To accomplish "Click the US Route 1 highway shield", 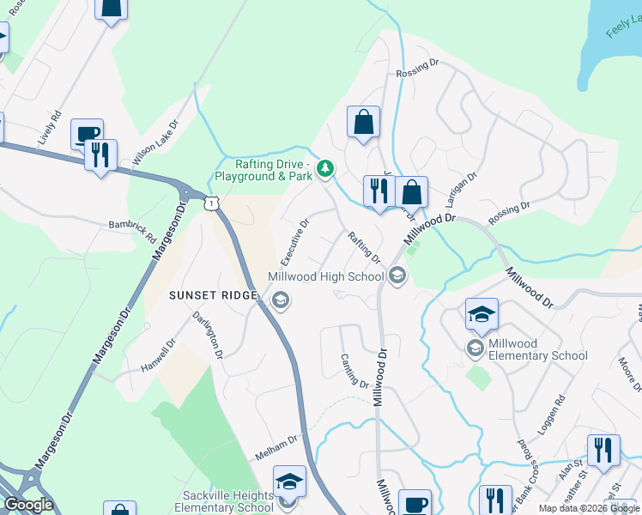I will click(211, 201).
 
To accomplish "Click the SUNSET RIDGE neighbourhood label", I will click(213, 295).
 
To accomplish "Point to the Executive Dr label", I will click(295, 240).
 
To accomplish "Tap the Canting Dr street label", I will click(354, 371).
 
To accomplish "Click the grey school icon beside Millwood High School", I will click(397, 276).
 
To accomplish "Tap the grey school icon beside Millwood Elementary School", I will click(475, 348).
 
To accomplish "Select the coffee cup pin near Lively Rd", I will click(87, 133).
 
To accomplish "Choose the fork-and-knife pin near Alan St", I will click(603, 450).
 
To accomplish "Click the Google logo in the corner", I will click(28, 505).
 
